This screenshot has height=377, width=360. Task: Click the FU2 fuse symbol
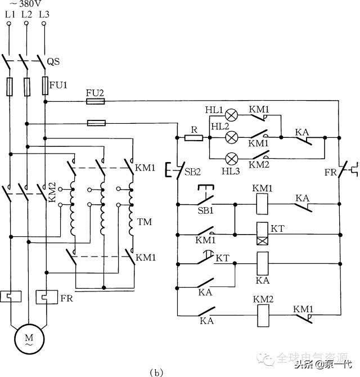[94, 101]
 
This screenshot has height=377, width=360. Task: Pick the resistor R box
[193, 137]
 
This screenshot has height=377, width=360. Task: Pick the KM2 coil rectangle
[263, 316]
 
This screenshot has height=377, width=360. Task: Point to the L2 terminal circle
[26, 24]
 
